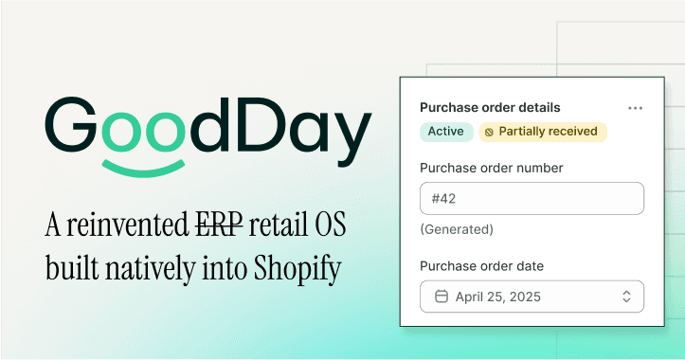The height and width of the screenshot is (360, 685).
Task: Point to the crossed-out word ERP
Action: (x=219, y=226)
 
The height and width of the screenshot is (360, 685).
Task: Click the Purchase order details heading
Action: (x=490, y=108)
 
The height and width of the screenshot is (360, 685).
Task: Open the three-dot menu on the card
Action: (x=635, y=108)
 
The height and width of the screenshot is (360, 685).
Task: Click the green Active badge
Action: (x=445, y=132)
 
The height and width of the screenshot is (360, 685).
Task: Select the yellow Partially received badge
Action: (x=543, y=132)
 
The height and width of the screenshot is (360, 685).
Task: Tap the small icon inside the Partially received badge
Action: (x=489, y=132)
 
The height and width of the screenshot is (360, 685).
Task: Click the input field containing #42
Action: (x=532, y=199)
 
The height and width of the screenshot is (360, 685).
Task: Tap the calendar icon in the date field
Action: (x=441, y=297)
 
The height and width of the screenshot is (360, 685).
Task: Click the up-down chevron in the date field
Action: (x=626, y=297)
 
